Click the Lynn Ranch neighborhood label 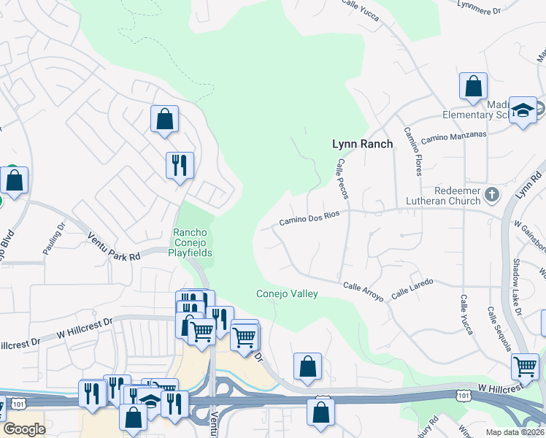tap(362, 144)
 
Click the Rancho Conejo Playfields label tap(192, 243)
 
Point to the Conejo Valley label tap(287, 293)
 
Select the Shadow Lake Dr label tap(518, 288)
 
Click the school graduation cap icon tap(523, 110)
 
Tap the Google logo tap(24, 429)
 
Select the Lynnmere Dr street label tap(498, 10)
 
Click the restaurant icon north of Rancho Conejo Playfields tap(180, 164)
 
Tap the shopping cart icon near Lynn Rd tap(525, 366)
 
